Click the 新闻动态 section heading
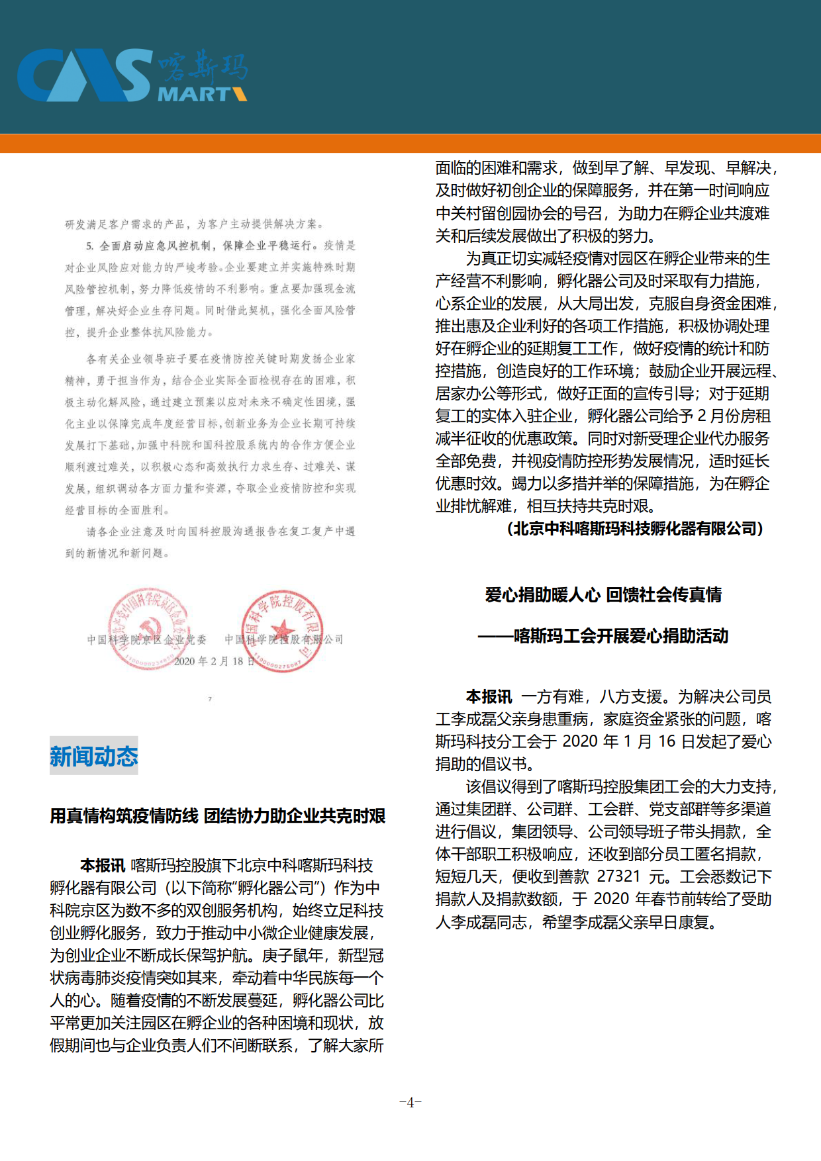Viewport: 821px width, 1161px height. coord(94,756)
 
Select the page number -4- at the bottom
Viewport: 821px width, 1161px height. coord(410,1102)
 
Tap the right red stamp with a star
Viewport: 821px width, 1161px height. coord(283,631)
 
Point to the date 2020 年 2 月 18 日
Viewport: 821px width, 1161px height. coord(214,661)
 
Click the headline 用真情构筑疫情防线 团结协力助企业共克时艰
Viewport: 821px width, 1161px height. coord(217,815)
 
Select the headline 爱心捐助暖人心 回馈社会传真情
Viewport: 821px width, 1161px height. coord(603,594)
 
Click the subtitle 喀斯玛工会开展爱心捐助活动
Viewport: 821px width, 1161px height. coord(621,636)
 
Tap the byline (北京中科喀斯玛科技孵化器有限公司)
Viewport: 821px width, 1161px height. coord(635,528)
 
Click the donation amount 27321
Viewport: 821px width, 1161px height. coord(618,876)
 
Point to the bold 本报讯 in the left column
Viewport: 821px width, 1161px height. coord(103,865)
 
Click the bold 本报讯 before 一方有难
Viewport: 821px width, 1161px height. coord(489,696)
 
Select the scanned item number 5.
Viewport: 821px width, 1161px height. coord(89,246)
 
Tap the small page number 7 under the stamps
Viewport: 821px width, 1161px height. coord(211,699)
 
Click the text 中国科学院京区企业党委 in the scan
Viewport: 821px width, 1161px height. coord(146,639)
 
